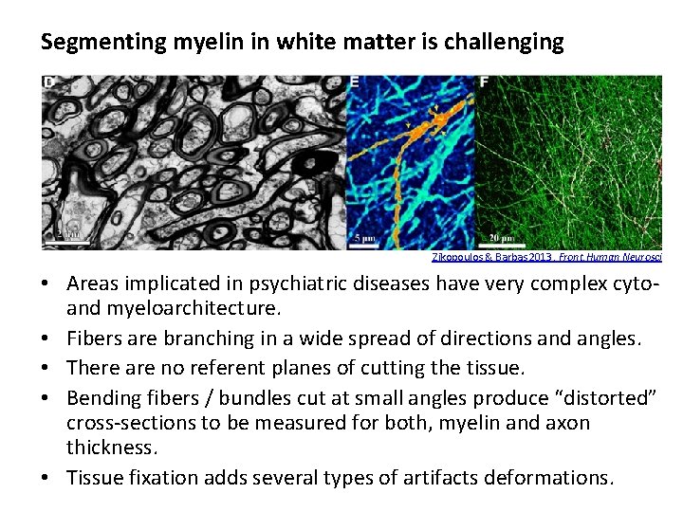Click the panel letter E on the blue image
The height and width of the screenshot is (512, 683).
coord(354,83)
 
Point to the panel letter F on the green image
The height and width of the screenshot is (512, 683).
coord(484,83)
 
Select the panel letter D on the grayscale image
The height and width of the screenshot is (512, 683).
coord(48,83)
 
